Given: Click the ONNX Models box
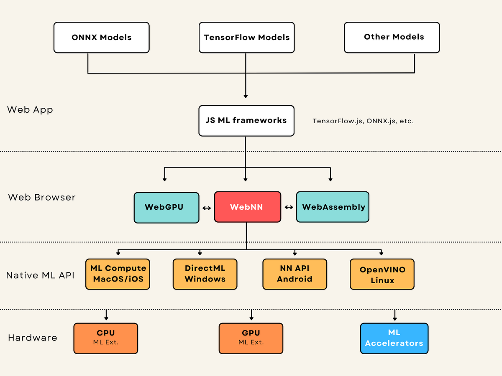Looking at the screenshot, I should click(x=102, y=38).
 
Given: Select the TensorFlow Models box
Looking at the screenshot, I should click(x=246, y=38).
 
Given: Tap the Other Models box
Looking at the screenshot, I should click(x=392, y=37).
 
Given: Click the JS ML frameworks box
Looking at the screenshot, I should click(x=246, y=121).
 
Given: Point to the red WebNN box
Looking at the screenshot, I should click(x=247, y=207).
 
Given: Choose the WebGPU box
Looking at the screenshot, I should click(x=166, y=207).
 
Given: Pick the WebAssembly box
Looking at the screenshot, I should click(x=333, y=207).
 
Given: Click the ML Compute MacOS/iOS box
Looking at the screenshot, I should click(x=118, y=274).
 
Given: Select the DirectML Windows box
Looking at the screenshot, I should click(x=205, y=274).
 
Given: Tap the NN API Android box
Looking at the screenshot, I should click(x=295, y=274).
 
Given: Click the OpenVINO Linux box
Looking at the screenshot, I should click(x=382, y=274).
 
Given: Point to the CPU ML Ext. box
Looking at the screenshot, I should click(x=106, y=338).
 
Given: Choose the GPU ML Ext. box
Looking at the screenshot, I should click(x=251, y=338).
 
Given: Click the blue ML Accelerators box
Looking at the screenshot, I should click(x=394, y=338).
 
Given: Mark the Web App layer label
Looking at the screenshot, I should click(x=30, y=110).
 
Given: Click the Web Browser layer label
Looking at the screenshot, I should click(x=42, y=197).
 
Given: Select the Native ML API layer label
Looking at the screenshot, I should click(x=40, y=275).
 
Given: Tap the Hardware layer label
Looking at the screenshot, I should click(x=33, y=338).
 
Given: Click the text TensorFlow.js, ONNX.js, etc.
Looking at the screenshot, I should click(x=363, y=121).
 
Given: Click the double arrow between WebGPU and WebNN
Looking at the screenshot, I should click(x=207, y=208).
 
